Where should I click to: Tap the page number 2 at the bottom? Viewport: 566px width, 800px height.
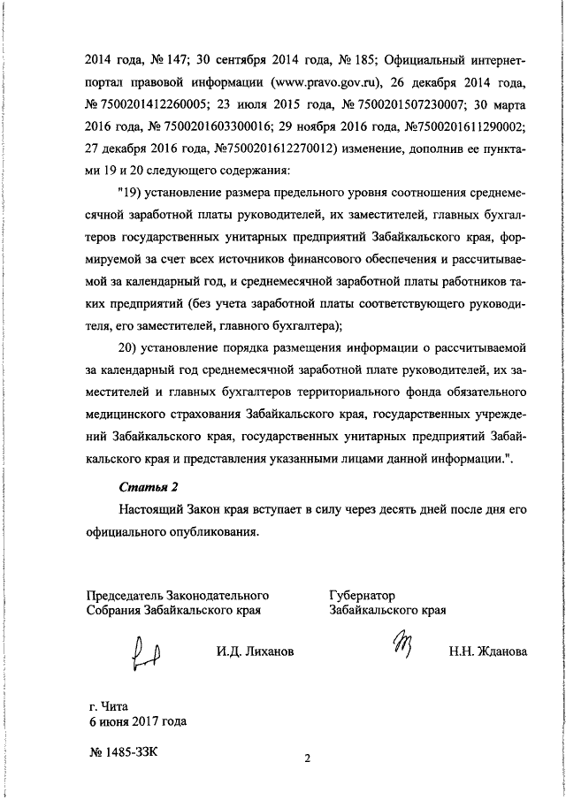tap(308, 758)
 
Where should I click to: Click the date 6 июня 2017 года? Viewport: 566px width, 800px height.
tap(137, 721)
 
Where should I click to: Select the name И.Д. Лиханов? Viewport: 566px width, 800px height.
tap(255, 651)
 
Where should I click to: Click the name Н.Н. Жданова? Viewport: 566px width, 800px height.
tap(487, 651)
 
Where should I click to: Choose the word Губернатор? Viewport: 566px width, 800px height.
tap(362, 595)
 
